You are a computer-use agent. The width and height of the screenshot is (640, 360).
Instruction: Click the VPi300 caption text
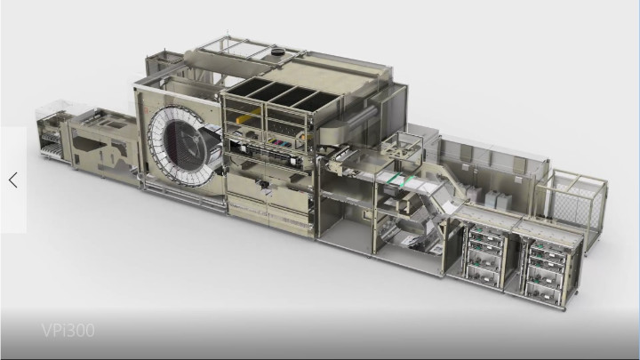point(68,330)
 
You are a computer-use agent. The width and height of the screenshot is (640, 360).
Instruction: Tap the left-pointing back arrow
point(13,180)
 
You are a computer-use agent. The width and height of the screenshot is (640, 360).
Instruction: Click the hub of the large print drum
point(191,141)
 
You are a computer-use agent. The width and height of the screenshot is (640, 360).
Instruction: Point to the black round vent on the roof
point(279,52)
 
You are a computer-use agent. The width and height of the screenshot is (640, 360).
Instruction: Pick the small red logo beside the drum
point(146,109)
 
